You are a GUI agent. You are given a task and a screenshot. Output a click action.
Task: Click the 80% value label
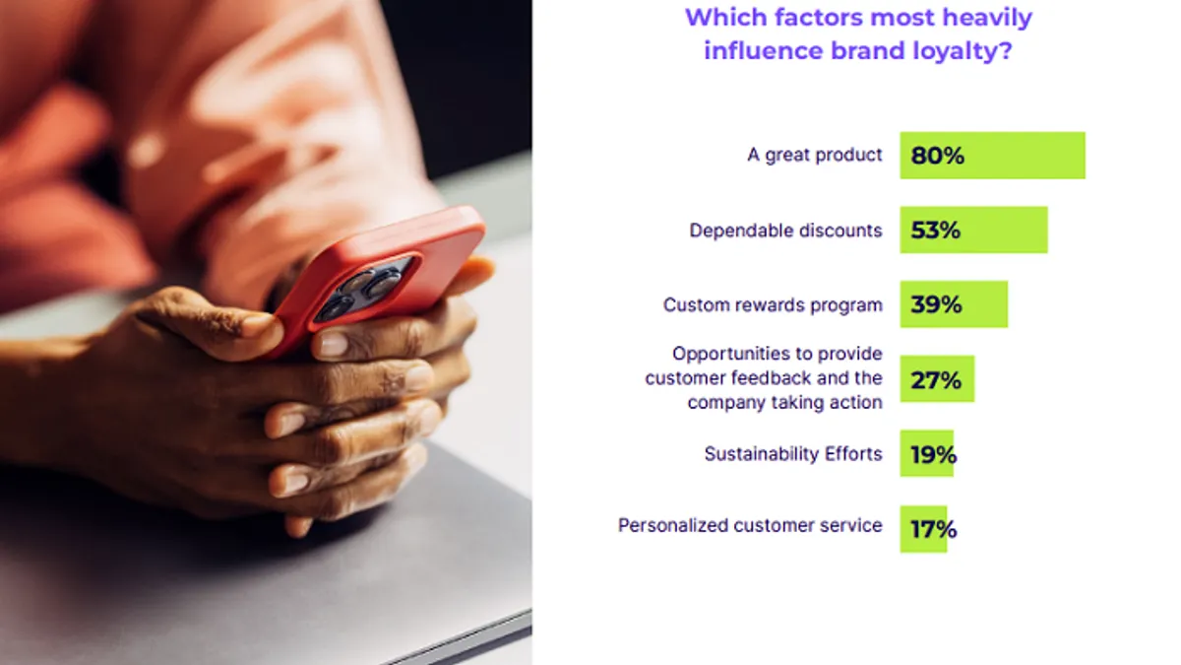coord(937,156)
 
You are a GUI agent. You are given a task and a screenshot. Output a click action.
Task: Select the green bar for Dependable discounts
coord(973,230)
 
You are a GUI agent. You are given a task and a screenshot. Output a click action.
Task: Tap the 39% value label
coord(936,304)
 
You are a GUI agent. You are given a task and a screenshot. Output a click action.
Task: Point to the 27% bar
coord(937,379)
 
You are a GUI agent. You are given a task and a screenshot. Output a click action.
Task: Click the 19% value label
coord(933,454)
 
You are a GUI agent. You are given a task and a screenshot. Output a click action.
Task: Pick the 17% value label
coord(933,529)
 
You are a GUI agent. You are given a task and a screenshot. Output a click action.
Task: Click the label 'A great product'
coord(815,156)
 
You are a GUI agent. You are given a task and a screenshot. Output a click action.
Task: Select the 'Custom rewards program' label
coord(773,304)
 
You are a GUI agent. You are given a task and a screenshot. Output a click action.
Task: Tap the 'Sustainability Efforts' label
coord(793,454)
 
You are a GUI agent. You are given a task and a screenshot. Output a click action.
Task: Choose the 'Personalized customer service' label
coord(750,525)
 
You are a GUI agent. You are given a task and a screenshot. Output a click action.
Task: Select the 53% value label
coord(935,231)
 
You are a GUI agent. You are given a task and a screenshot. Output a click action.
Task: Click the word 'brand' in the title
coord(867,51)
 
